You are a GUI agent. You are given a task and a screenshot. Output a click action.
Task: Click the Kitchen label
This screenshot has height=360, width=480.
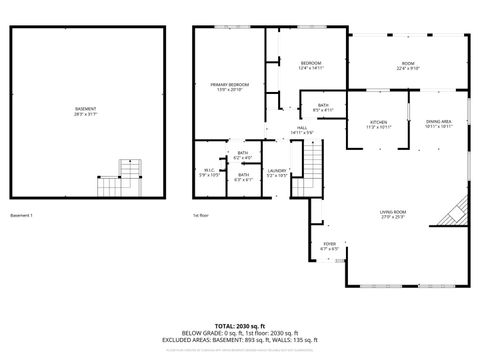(378, 123)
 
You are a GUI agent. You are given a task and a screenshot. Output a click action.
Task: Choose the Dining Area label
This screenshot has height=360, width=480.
(439, 123)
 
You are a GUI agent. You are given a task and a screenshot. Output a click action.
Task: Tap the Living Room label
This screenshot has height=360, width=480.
(392, 214)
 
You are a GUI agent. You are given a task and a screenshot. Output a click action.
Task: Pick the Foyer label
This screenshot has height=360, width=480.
(329, 245)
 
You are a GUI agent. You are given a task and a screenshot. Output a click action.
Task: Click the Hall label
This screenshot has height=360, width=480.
(301, 130)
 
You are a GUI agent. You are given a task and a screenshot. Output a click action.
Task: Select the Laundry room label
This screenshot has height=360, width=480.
(277, 173)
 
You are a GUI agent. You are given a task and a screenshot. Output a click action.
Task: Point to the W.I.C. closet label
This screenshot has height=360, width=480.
(209, 173)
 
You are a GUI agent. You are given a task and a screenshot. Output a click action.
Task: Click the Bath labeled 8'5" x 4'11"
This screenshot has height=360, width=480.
(323, 107)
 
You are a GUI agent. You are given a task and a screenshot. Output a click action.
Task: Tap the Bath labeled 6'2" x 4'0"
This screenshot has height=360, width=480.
(243, 155)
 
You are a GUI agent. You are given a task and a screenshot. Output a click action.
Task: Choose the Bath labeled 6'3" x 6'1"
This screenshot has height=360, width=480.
(243, 178)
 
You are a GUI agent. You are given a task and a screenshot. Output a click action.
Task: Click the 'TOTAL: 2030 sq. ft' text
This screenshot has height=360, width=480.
(239, 326)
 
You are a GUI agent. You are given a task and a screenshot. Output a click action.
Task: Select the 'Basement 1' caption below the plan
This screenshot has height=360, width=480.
(22, 215)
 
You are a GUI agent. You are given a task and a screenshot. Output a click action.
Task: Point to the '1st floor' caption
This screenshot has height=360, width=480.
(201, 215)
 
